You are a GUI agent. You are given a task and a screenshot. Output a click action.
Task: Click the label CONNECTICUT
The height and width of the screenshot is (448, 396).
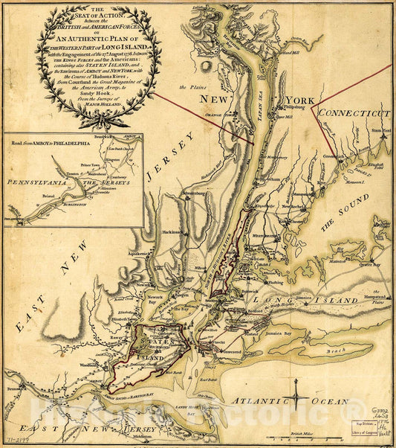[x=354, y=112]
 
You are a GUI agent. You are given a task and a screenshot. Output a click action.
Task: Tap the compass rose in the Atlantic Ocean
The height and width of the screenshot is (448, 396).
[x=296, y=391]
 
